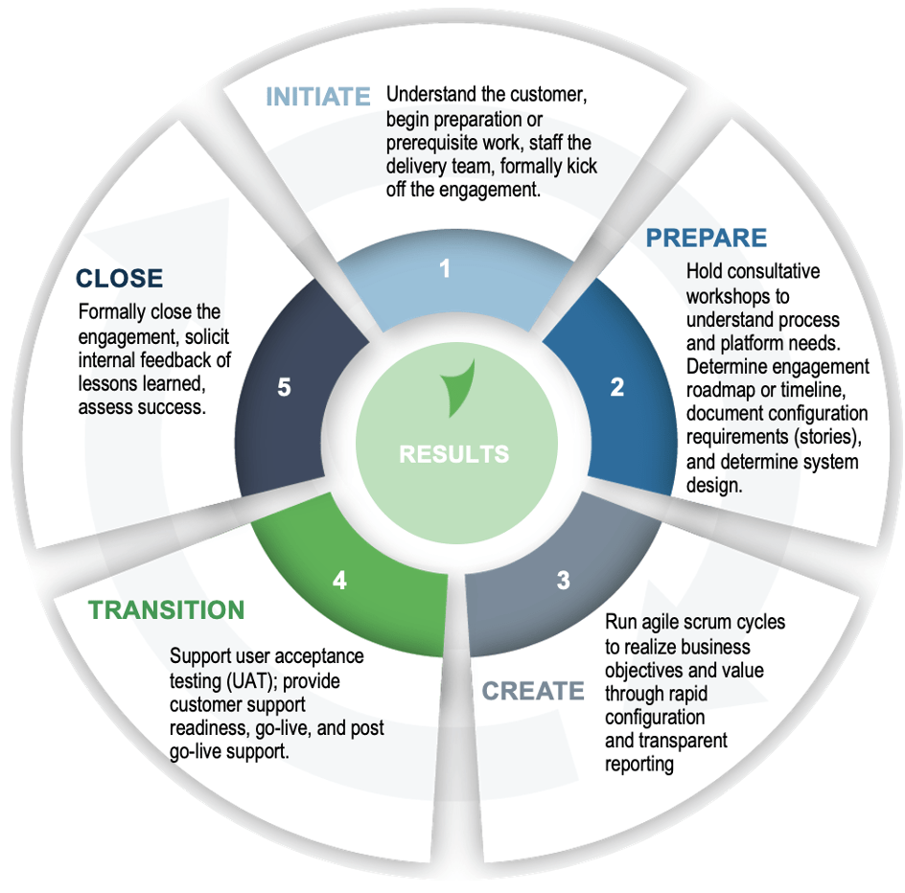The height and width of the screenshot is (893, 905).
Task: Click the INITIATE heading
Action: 317,97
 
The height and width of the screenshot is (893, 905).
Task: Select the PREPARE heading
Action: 706,238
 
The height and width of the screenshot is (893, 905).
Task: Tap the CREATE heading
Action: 532,691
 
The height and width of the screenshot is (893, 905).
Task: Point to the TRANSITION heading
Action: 167,610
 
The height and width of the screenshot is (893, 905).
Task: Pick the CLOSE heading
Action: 120,278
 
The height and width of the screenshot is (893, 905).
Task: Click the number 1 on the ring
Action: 445,269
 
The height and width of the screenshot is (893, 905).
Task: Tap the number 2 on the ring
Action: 617,387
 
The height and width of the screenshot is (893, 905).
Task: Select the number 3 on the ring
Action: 563,580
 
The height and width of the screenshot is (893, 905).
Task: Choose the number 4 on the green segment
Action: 339,580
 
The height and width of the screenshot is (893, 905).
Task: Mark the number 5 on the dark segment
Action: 284,387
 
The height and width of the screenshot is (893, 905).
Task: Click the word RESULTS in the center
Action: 454,453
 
